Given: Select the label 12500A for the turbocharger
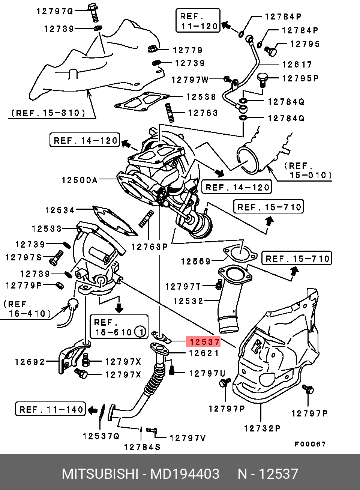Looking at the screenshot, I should pyautogui.click(x=79, y=180).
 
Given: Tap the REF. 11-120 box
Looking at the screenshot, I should pyautogui.click(x=198, y=21).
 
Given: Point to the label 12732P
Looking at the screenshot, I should pyautogui.click(x=262, y=428).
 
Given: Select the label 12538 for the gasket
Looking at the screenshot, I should pyautogui.click(x=201, y=97).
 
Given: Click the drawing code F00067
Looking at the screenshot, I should pyautogui.click(x=310, y=444).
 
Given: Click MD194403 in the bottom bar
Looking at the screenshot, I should pyautogui.click(x=184, y=474).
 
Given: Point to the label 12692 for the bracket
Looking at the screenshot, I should pyautogui.click(x=30, y=362).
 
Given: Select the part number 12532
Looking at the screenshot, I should pyautogui.click(x=188, y=301).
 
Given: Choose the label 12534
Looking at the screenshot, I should pyautogui.click(x=60, y=210).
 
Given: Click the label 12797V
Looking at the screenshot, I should pyautogui.click(x=187, y=438).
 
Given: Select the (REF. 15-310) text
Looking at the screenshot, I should pyautogui.click(x=48, y=113).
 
